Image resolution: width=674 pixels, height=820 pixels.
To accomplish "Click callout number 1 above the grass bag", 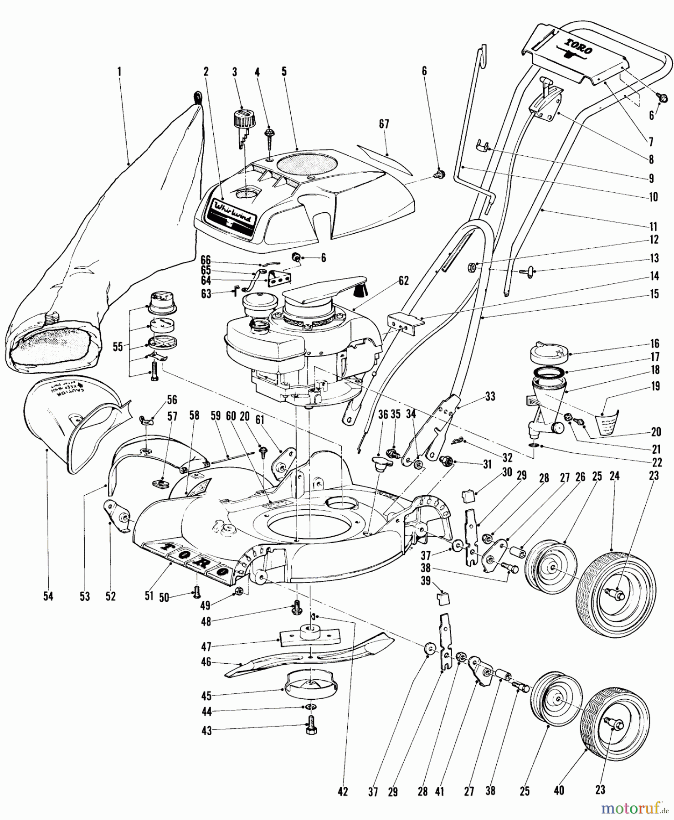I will tap(119, 72).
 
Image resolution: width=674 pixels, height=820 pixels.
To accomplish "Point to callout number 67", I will tap(384, 124).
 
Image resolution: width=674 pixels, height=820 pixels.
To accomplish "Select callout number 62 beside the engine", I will tap(403, 281).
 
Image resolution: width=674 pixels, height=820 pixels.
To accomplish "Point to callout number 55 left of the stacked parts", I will tap(118, 347).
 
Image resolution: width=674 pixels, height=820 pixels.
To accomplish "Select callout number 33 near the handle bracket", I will tap(490, 396).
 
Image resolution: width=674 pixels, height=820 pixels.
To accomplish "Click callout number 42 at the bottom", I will tap(343, 792).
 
